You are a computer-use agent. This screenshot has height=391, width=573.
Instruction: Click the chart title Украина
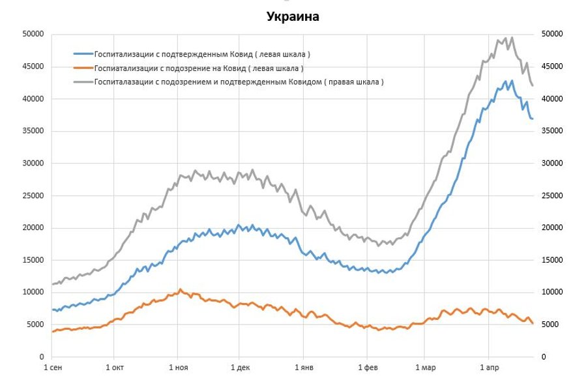[293, 17]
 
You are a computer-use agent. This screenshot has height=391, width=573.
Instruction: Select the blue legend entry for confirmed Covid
[201, 53]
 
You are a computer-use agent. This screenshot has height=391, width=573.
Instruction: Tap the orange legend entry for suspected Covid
[198, 68]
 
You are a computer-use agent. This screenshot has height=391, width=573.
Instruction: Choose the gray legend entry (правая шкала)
[238, 82]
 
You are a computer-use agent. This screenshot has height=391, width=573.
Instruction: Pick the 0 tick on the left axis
[40, 357]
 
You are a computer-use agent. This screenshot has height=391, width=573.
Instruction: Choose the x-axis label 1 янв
[303, 369]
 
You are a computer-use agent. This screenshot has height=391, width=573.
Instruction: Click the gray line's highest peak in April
[512, 37]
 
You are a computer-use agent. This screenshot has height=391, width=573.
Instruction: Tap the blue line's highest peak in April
[512, 80]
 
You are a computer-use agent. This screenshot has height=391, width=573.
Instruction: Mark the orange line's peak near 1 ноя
[181, 289]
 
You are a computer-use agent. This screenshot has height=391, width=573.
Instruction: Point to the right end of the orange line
[533, 323]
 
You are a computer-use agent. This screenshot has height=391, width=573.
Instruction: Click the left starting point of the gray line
[52, 284]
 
